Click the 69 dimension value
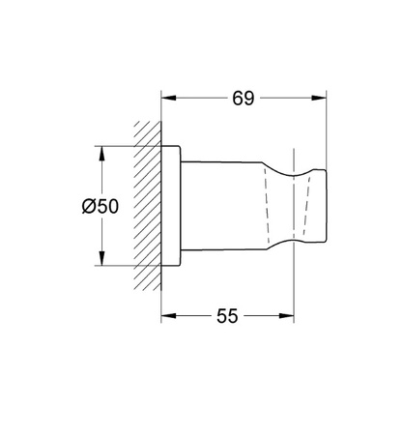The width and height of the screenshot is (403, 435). point(244,99)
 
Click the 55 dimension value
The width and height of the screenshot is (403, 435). point(227,316)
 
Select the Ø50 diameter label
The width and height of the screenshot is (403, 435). point(101,206)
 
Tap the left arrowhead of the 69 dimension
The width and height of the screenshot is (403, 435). point(168,98)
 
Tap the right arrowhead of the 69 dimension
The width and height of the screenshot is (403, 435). point(319,98)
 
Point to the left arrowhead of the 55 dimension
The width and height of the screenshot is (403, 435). point(168,316)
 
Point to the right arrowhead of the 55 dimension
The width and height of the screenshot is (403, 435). point(286,316)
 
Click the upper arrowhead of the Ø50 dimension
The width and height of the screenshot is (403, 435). point(101,154)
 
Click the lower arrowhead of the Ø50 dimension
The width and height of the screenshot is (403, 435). point(101,258)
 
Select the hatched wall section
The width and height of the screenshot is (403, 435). point(148,206)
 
